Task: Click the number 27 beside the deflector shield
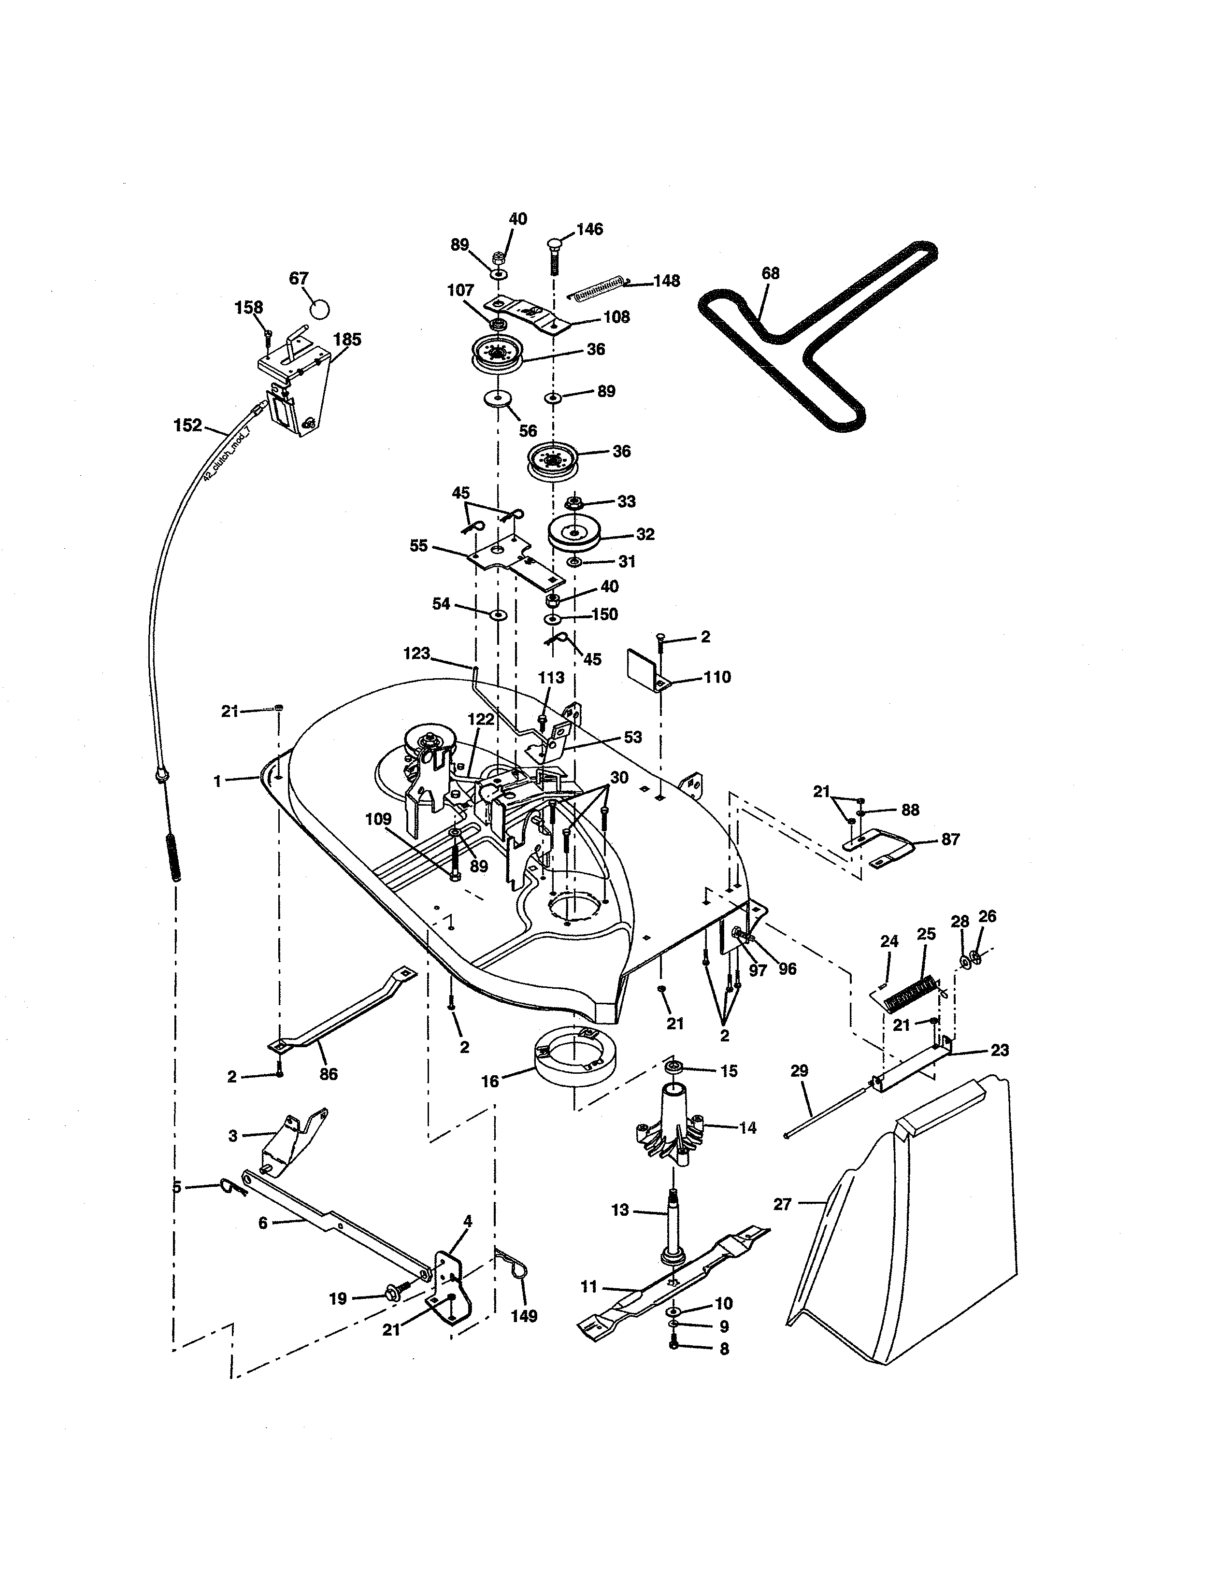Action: [782, 1204]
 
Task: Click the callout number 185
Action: [347, 340]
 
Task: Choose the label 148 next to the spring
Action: [666, 281]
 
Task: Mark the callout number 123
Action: [417, 653]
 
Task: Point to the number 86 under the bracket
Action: [329, 1074]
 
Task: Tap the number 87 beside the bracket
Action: [949, 840]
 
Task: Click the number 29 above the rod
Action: [799, 1071]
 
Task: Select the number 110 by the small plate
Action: [716, 677]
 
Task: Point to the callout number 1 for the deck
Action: [217, 781]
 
